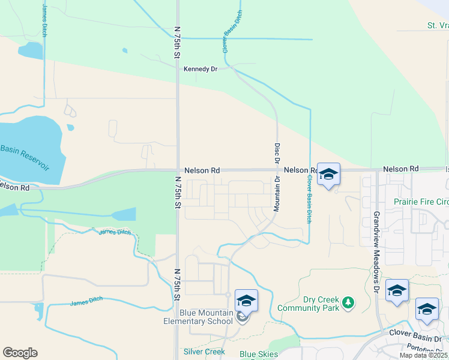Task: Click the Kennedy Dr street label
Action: tap(200, 69)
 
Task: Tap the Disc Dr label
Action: tap(277, 152)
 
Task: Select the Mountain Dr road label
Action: tap(277, 194)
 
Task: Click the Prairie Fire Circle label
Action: tap(421, 202)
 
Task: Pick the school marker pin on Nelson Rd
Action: tap(328, 175)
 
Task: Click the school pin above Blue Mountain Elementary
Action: tap(246, 301)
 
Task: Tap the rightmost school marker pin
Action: tap(427, 309)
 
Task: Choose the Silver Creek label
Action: tap(204, 352)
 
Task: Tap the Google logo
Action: tap(20, 353)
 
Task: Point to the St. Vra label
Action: tap(437, 26)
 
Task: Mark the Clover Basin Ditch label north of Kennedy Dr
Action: tap(234, 32)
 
